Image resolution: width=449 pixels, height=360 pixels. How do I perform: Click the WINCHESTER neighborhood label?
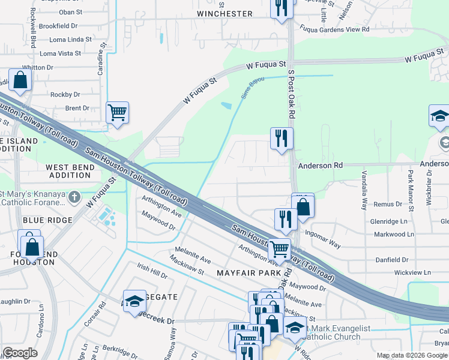point(224,13)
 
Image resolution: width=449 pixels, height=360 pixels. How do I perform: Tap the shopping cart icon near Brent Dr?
point(117,112)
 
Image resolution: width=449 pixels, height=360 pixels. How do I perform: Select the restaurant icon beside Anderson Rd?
point(282,139)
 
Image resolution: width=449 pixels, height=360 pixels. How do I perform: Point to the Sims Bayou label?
point(253,88)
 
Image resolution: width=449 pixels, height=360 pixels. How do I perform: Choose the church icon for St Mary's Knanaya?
point(74,196)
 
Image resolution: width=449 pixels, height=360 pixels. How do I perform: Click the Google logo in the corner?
point(20,353)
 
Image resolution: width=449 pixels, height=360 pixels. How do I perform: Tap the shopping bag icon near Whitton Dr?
point(20,80)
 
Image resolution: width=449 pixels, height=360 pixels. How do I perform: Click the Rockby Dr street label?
point(65,94)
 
